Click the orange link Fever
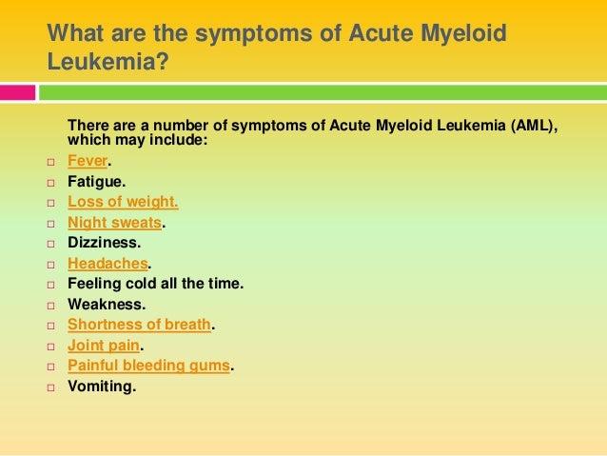click(88, 160)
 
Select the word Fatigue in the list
click(95, 181)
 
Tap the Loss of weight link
click(123, 202)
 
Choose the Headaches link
click(108, 264)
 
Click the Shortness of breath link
click(139, 325)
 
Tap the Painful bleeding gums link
click(148, 366)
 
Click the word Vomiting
click(102, 387)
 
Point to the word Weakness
click(106, 305)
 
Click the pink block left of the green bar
click(18, 92)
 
